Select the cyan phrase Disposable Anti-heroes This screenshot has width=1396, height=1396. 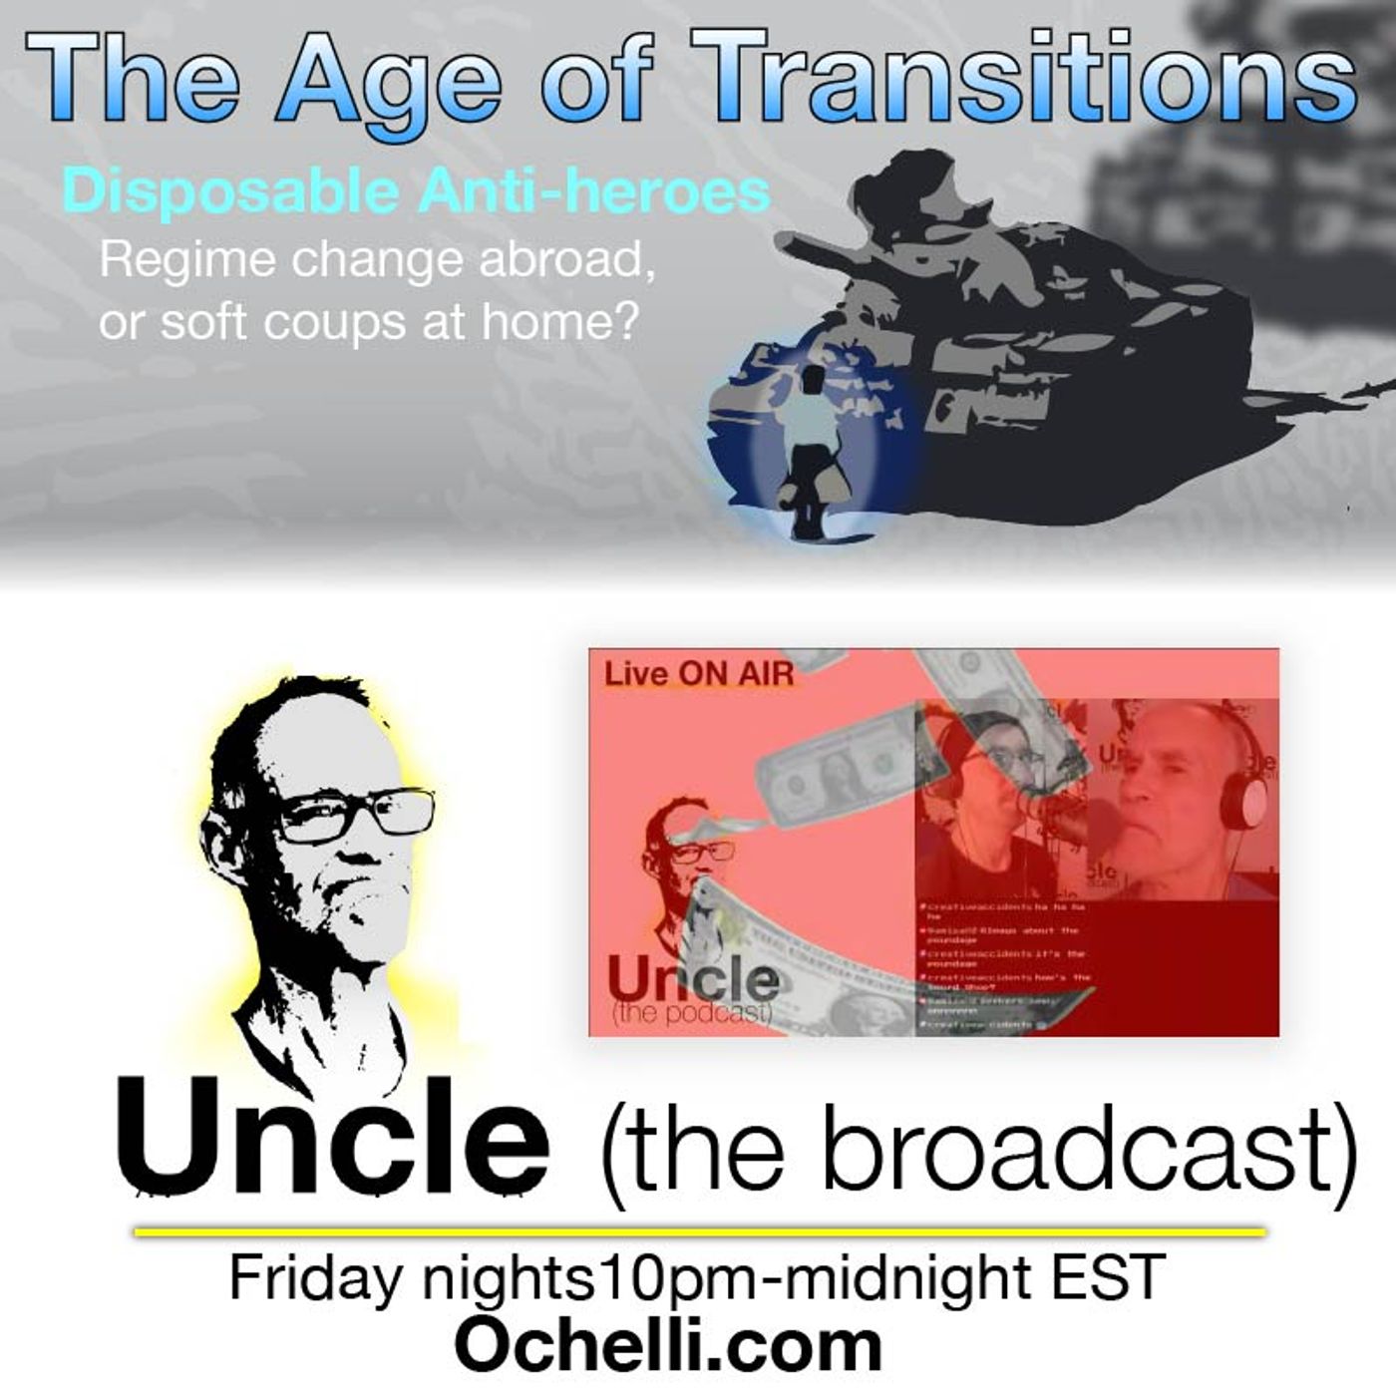(416, 191)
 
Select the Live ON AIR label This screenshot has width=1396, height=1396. (698, 674)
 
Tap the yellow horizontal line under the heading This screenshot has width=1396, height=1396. (698, 1233)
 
